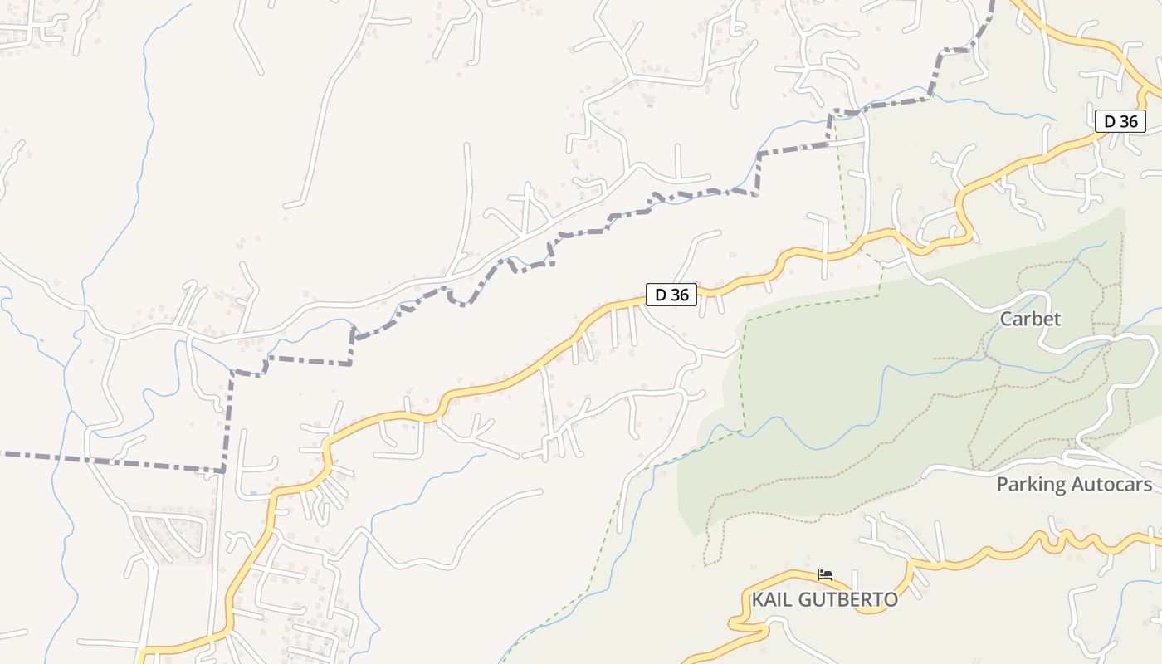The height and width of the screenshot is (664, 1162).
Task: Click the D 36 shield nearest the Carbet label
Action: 1120,121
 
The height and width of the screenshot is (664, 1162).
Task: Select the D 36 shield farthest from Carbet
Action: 671,294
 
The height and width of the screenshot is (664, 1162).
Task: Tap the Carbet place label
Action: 1030,319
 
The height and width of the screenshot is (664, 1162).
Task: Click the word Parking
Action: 1029,485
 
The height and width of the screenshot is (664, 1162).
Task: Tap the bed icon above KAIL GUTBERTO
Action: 825,574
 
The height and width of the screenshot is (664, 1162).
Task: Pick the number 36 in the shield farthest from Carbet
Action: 679,294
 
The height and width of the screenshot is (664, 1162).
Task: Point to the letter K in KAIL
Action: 758,599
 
